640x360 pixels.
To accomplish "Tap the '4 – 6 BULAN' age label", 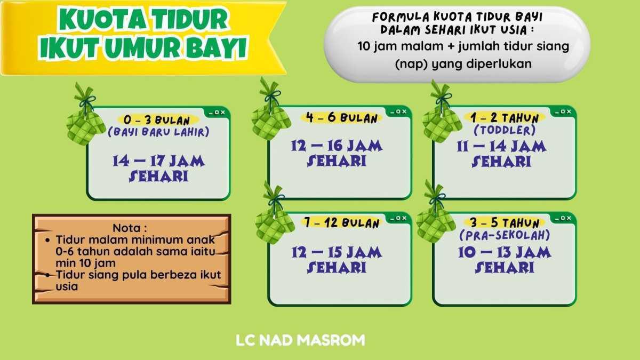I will [x=341, y=118].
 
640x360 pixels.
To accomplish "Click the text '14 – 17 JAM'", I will [x=159, y=161].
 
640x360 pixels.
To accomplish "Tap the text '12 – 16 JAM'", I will [x=337, y=145].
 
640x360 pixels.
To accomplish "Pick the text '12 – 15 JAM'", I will [x=337, y=251].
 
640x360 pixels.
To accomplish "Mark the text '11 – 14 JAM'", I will [x=501, y=146].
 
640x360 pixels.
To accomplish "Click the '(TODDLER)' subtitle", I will [x=505, y=130].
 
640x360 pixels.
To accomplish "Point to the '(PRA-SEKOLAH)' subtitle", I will [x=505, y=235].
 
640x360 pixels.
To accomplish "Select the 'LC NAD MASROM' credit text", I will [x=301, y=340].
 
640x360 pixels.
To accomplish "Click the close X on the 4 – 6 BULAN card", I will [x=404, y=112].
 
